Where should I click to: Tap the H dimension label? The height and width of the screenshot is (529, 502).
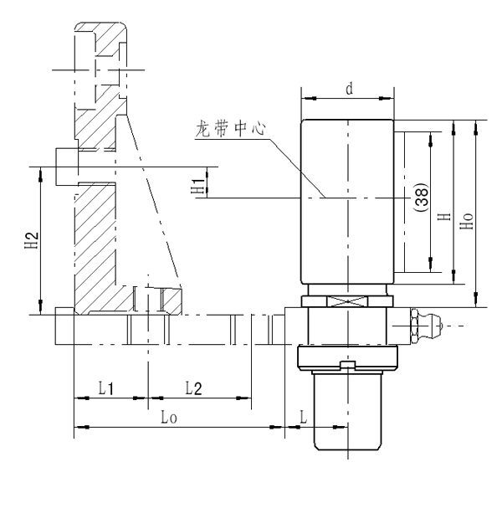pyautogui.click(x=444, y=215)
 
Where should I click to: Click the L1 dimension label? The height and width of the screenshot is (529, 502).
pyautogui.click(x=108, y=388)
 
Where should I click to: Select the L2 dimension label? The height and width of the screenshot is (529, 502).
pyautogui.click(x=194, y=388)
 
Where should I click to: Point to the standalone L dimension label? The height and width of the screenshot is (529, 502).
pyautogui.click(x=305, y=416)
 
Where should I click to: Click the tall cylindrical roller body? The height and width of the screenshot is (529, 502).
pyautogui.click(x=347, y=201)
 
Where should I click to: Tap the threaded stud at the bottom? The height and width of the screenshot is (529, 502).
pyautogui.click(x=347, y=410)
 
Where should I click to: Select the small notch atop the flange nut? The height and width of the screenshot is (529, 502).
pyautogui.click(x=346, y=364)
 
